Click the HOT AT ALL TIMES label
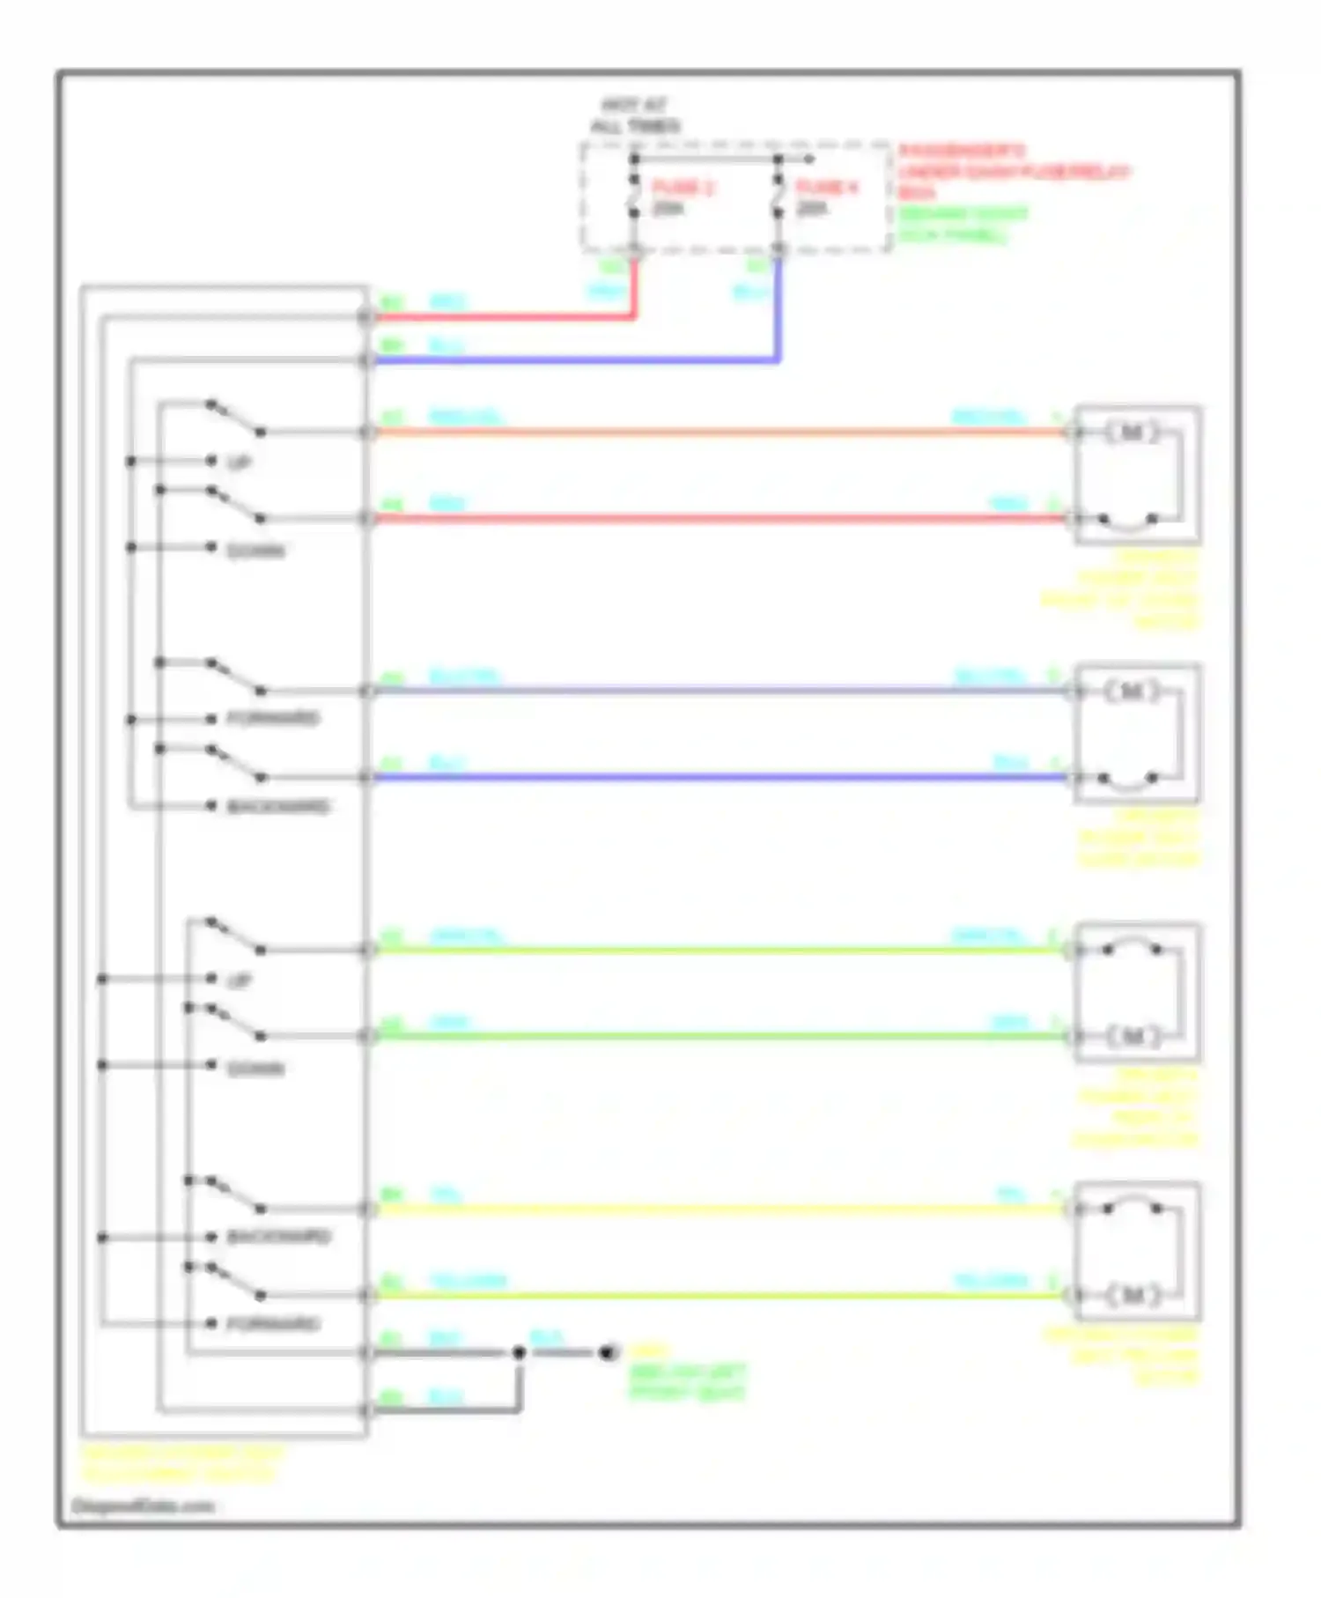[634, 115]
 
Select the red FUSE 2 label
[683, 188]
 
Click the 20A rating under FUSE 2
[668, 209]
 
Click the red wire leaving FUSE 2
[502, 316]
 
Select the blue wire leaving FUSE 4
[572, 360]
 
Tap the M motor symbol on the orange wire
[1133, 432]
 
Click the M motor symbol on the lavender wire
[1133, 691]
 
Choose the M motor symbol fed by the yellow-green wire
[1133, 1295]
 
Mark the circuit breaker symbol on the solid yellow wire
[1132, 1207]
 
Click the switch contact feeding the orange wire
[236, 418]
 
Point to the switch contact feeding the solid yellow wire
[236, 1195]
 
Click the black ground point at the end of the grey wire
[607, 1352]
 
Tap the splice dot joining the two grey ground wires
[519, 1352]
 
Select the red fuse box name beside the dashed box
[1013, 171]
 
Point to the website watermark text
[143, 1506]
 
